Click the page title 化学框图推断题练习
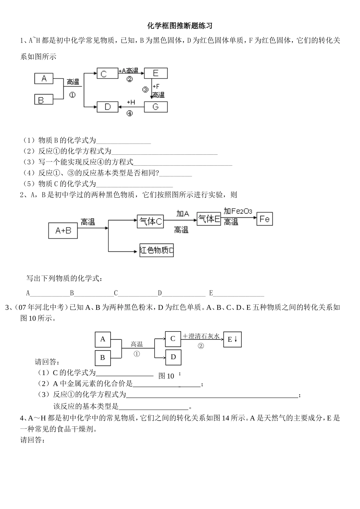180,26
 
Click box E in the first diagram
155,73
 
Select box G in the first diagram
155,107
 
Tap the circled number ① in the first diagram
72,94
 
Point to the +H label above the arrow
131,102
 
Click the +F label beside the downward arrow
156,87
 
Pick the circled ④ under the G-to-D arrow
130,113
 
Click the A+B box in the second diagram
63,230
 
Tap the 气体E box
209,219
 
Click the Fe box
265,219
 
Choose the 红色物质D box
157,250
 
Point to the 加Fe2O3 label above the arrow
238,211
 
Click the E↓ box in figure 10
232,339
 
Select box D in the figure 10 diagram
173,357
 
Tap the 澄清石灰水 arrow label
201,336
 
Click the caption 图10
166,376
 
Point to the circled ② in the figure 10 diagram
201,346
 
